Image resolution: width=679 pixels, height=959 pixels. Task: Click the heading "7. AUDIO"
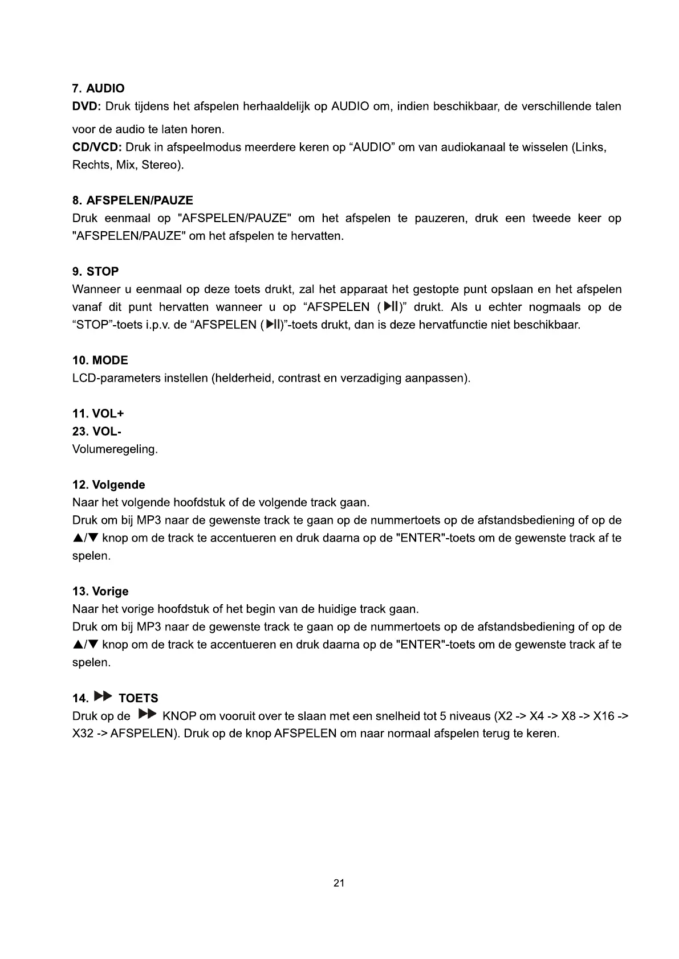(x=98, y=88)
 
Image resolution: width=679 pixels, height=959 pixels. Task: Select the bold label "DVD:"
(x=86, y=106)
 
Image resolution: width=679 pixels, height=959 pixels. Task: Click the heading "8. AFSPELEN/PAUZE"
(x=132, y=200)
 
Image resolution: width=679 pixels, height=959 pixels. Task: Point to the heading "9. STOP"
(x=95, y=272)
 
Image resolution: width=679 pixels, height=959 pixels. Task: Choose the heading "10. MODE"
(x=100, y=360)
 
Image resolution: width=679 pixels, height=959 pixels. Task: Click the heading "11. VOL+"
(x=97, y=413)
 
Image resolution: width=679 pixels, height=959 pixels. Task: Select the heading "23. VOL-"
(x=96, y=432)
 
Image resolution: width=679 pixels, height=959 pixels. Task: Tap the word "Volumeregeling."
(x=115, y=449)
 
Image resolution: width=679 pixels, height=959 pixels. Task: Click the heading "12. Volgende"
(x=108, y=485)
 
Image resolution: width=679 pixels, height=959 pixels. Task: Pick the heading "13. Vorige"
(x=100, y=592)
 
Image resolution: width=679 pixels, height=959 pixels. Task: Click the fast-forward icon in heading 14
(x=103, y=696)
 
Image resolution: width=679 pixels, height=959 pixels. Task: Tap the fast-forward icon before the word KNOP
(x=147, y=714)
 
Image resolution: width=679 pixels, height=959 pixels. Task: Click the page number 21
(x=339, y=883)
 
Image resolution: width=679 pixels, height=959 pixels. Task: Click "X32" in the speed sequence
(x=82, y=733)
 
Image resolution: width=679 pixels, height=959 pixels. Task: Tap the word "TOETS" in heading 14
(x=138, y=698)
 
